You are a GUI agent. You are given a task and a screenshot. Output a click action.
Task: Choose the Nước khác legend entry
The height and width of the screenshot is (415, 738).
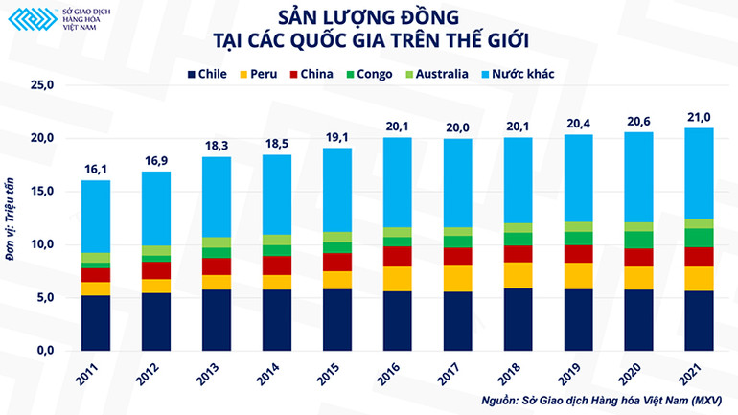point(514,73)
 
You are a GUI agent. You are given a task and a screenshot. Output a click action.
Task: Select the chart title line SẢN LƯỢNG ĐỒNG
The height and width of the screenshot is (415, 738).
point(368,17)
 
